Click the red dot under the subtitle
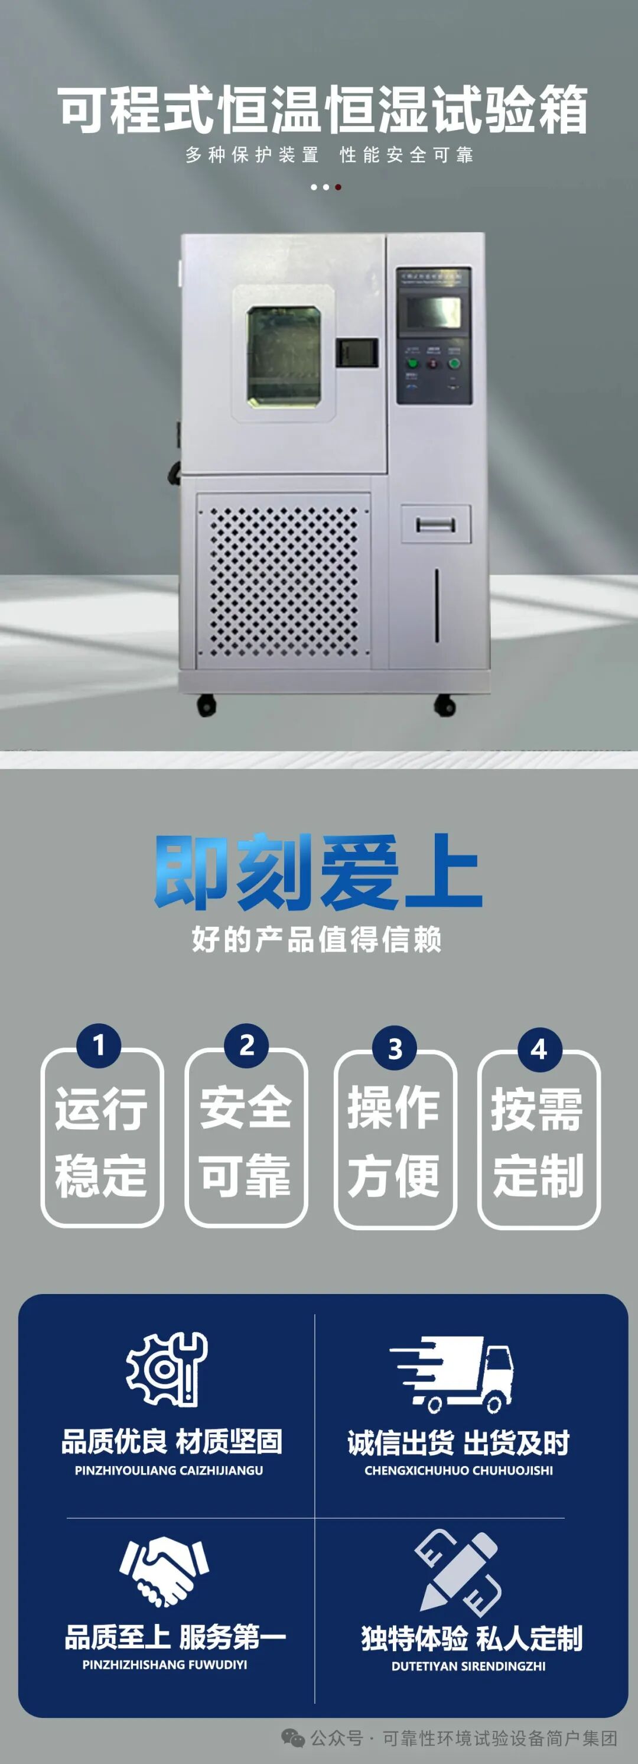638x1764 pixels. coord(338,187)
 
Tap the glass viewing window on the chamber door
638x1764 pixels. coord(284,356)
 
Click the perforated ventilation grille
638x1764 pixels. coord(284,581)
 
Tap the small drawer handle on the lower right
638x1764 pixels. coord(435,524)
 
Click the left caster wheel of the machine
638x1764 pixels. coord(206,705)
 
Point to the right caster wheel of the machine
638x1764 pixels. coord(445,705)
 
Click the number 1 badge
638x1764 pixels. coord(99,1045)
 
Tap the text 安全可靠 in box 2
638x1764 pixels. coord(246,1141)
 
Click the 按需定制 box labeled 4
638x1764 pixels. coord(539,1141)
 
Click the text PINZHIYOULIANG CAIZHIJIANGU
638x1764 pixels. coord(168,1470)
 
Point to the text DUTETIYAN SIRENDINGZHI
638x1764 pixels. coord(468,1666)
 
